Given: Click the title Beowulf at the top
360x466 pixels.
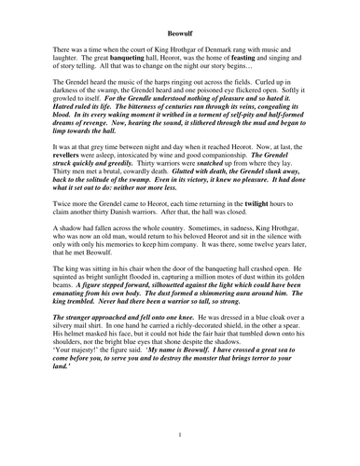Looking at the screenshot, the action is (x=179, y=17).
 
